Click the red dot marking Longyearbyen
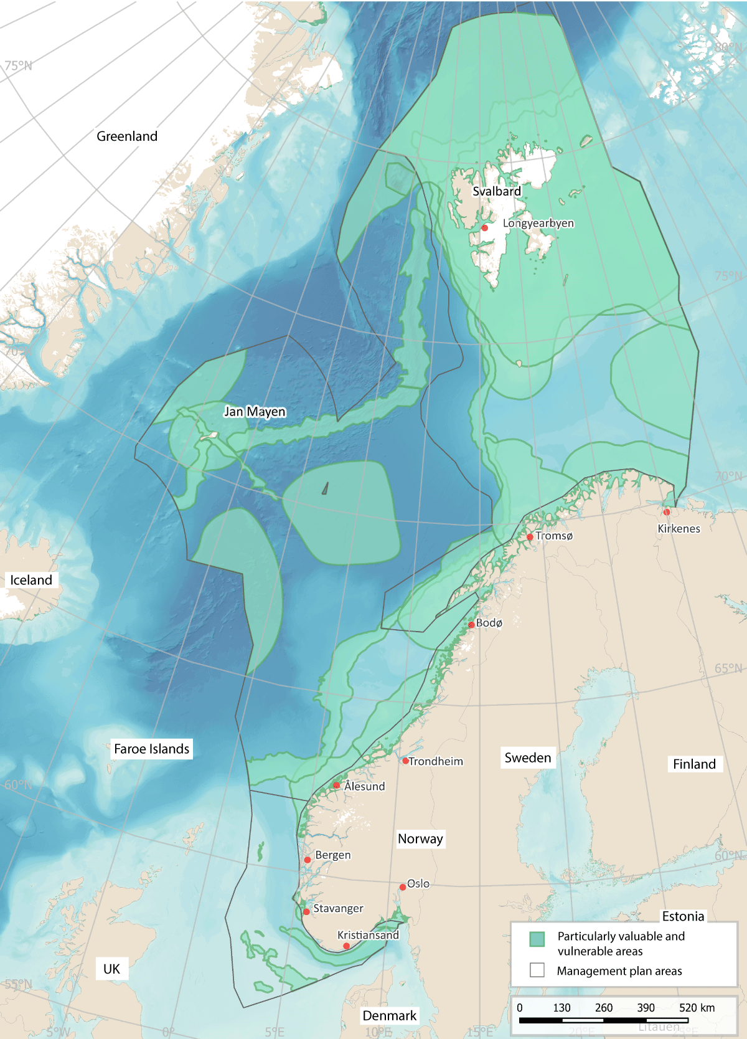tap(484, 228)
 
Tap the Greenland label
tap(127, 136)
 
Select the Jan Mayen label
tap(255, 412)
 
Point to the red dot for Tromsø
tap(530, 537)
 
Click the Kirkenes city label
tap(679, 529)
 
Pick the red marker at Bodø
tap(471, 625)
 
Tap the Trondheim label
tap(436, 761)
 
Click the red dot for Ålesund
tap(337, 785)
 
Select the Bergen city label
tap(333, 855)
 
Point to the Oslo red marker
tap(403, 887)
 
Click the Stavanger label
tap(338, 909)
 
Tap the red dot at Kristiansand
tap(347, 946)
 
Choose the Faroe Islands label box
tap(151, 749)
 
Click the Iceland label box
tap(31, 580)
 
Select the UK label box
tap(111, 969)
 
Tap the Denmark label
tap(389, 1016)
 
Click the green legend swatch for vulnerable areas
tap(537, 939)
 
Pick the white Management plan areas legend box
tap(537, 970)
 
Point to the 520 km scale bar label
tap(697, 1008)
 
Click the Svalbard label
tap(496, 191)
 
